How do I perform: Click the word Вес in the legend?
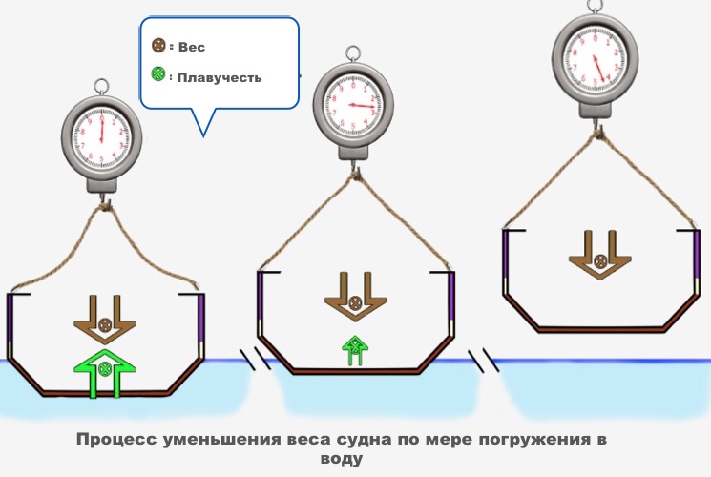coord(192,47)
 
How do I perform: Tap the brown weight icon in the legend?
coord(159,46)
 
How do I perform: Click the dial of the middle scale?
coord(354,98)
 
